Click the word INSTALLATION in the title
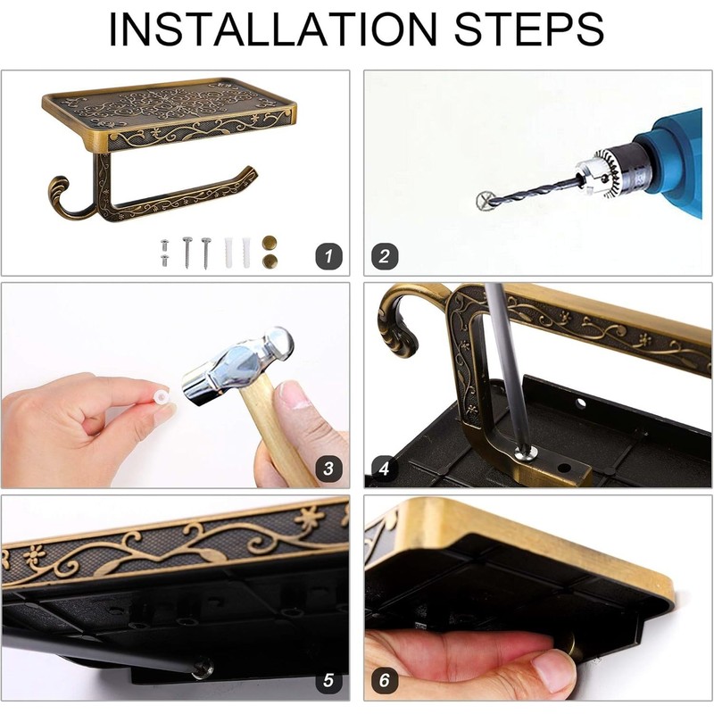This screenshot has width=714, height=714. coord(273,29)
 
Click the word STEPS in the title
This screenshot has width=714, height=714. coord(528,29)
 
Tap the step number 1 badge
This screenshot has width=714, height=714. coord(328,256)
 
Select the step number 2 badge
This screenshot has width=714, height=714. coord(385,256)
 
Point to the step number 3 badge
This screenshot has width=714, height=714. coord(328,469)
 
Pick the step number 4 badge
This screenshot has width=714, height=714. coord(385,469)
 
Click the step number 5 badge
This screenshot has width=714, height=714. coord(328,681)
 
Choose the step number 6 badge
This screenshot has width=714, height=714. coord(385,681)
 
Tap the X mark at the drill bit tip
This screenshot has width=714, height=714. coord(486,201)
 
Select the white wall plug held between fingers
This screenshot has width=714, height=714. coord(161,396)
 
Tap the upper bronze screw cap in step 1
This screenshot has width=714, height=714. coord(270,242)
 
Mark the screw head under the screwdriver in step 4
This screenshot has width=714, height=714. coord(527,453)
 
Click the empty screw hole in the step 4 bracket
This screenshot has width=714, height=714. coord(564,468)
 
